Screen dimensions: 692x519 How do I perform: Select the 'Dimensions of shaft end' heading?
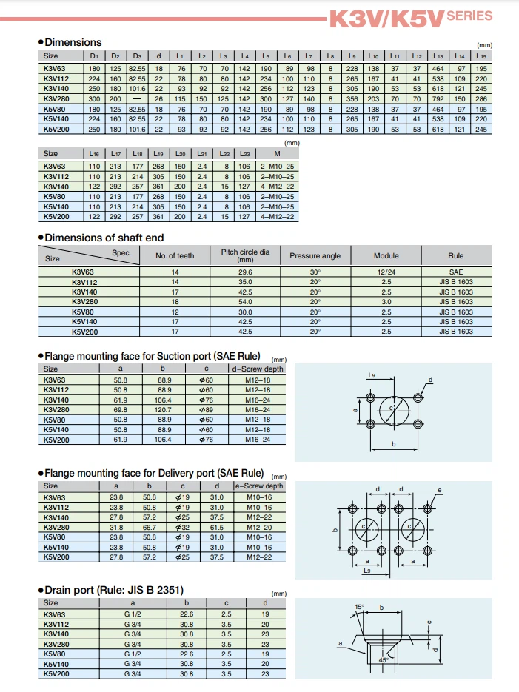coord(104,238)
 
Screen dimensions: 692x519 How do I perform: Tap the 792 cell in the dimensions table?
coord(438,98)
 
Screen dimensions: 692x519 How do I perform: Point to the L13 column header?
coord(438,56)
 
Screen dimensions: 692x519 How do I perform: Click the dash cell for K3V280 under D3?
coord(137,98)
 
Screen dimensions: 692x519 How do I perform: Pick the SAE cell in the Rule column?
coord(455,272)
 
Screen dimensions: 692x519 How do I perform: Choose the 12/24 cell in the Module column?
coord(386,272)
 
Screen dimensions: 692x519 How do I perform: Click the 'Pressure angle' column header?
coord(315,256)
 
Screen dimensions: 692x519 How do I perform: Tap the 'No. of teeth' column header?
coord(175,256)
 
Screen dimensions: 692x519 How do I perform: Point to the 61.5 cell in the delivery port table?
coord(217,527)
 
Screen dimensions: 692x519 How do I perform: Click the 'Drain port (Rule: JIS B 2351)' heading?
coord(115,590)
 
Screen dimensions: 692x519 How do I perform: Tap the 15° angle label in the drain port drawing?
coord(359,608)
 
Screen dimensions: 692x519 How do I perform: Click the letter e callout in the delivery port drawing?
coord(439,490)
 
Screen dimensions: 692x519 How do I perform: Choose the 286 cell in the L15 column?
coord(481,98)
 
